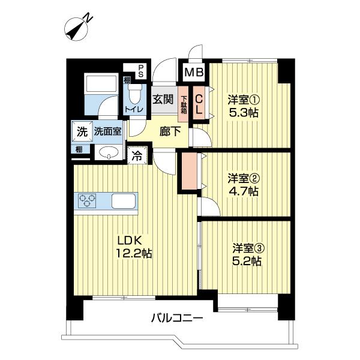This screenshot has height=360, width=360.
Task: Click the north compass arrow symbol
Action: point(76,28)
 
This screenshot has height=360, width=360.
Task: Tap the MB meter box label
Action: point(194,73)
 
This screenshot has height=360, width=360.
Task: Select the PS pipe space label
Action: point(141,71)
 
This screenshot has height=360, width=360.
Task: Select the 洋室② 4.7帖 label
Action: point(243,185)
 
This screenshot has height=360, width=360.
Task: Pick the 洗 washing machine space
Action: point(79,131)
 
